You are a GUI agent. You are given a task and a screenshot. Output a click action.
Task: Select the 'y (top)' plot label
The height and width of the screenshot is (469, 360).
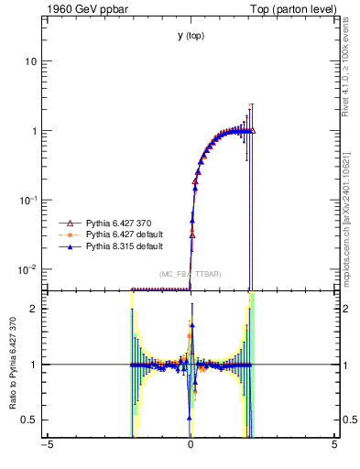[191, 36]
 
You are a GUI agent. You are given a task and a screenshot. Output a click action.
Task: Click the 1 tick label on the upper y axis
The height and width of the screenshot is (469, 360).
[33, 131]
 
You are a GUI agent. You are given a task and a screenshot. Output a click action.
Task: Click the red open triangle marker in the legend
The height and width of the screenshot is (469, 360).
[66, 223]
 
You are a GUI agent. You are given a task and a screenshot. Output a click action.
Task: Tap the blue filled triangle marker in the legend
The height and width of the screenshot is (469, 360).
[66, 246]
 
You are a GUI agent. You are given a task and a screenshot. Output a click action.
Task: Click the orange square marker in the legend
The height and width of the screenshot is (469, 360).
[66, 234]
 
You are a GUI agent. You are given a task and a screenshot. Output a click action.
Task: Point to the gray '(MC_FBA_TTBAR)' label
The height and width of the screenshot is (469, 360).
[191, 274]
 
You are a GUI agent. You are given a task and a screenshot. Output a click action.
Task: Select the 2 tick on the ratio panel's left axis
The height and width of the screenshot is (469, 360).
[33, 309]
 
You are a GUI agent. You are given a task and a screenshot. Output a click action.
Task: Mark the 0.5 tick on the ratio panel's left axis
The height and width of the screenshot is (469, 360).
[29, 420]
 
